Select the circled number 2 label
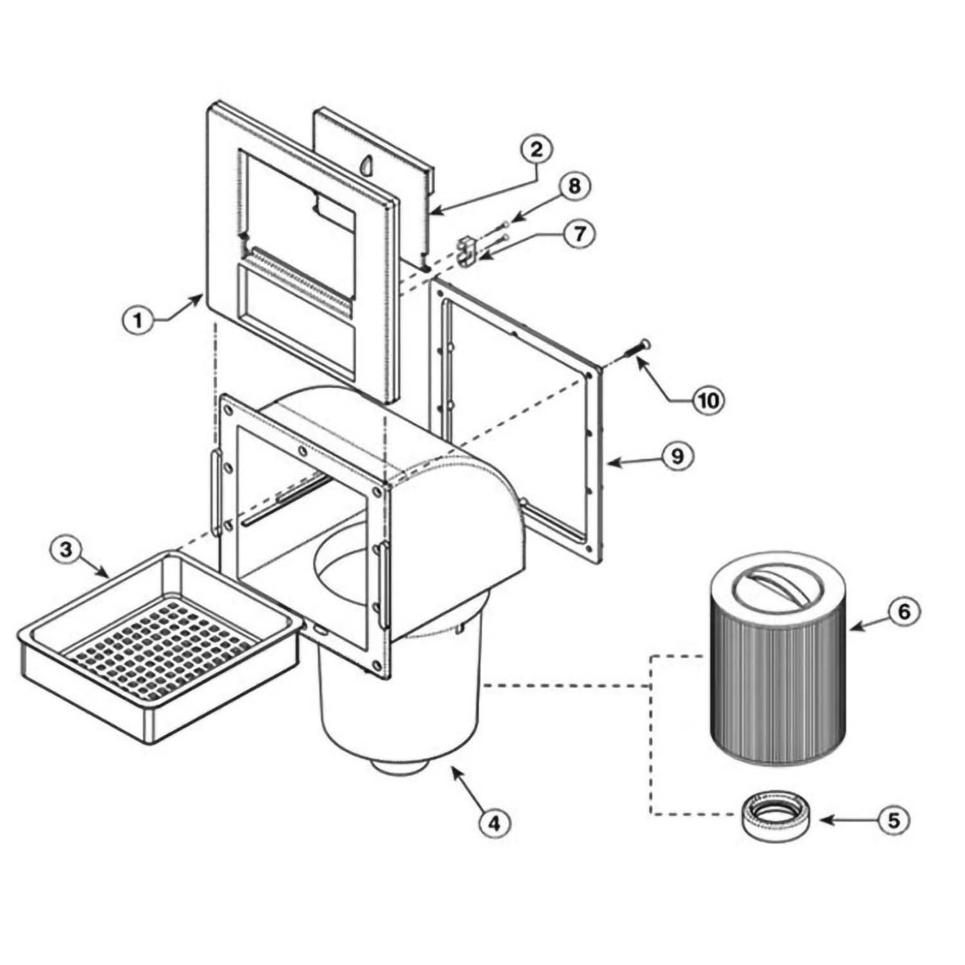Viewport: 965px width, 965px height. click(537, 150)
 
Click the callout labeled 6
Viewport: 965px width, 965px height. click(904, 611)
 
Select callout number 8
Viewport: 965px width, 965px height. click(573, 187)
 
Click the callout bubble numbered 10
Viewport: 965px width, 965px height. click(707, 400)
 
